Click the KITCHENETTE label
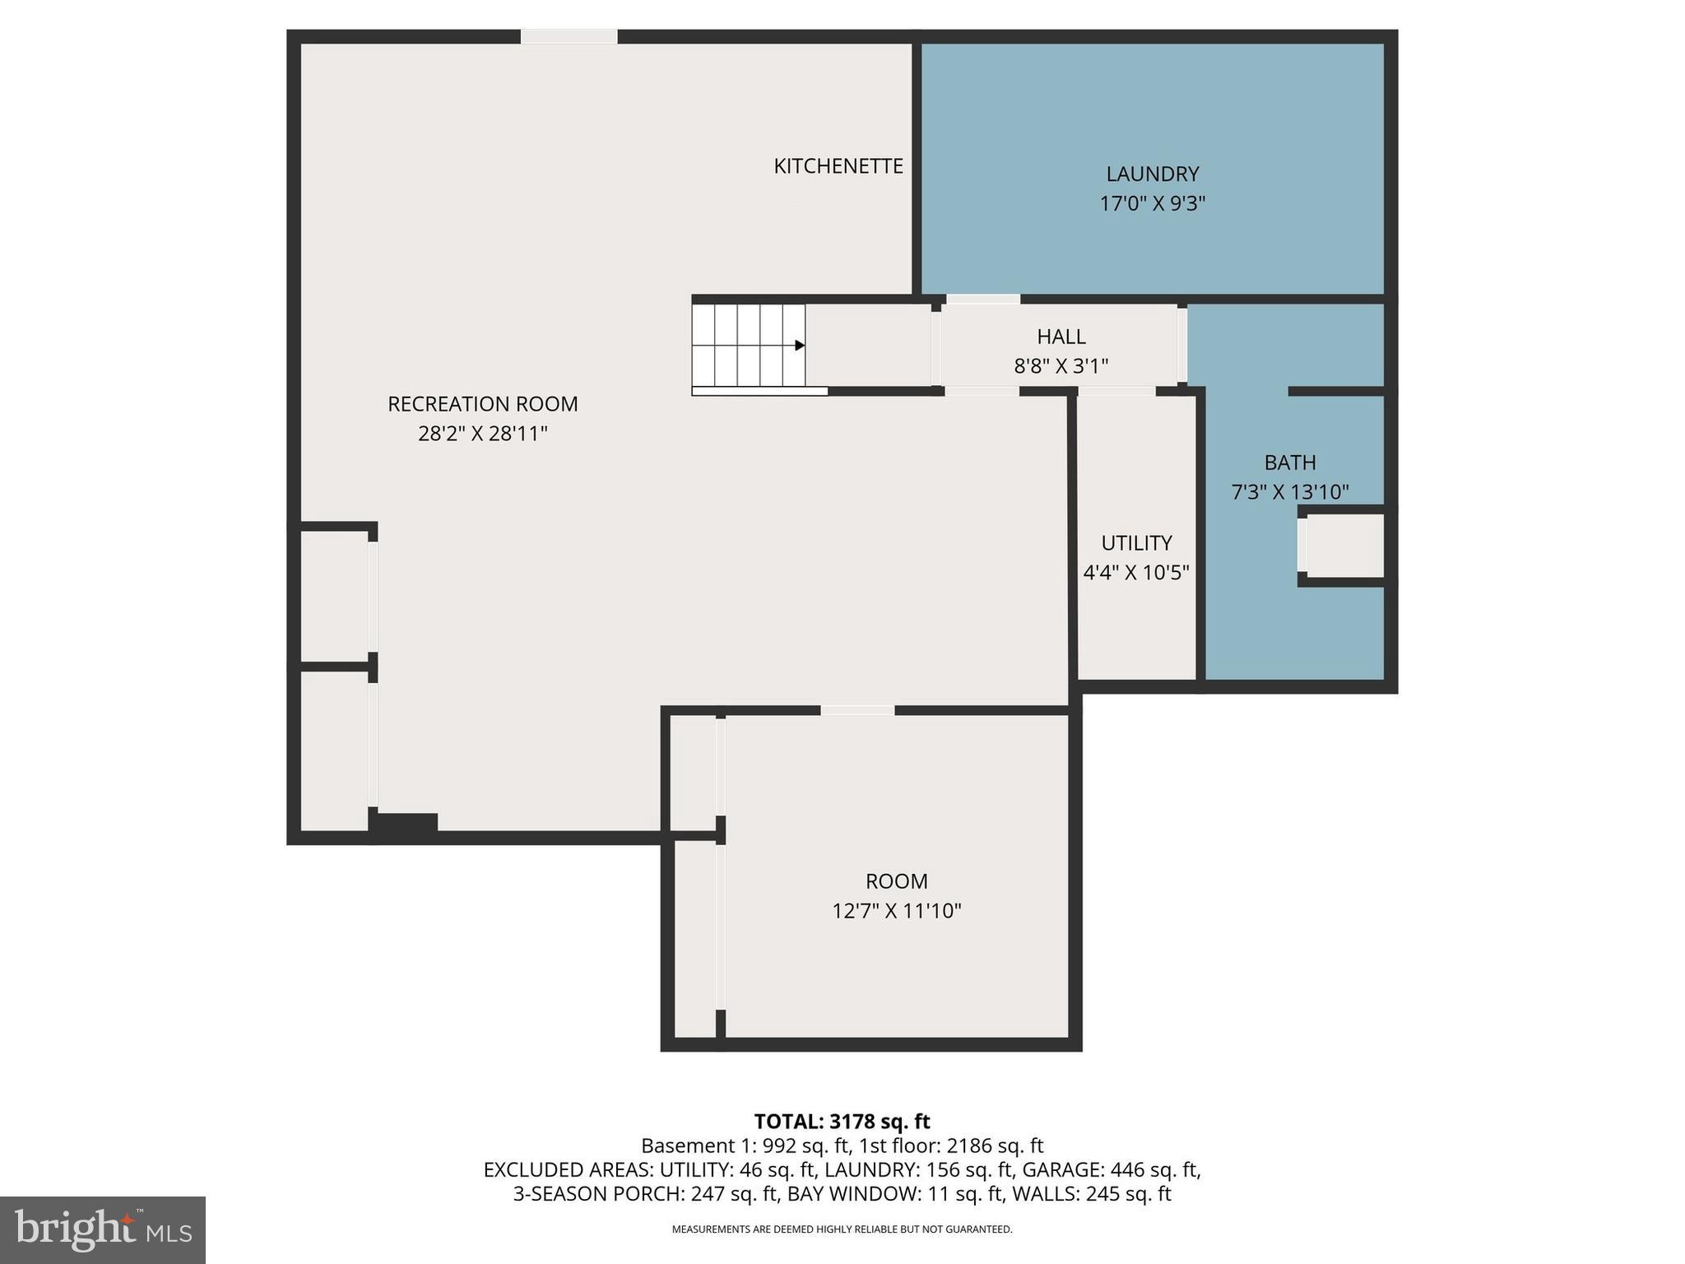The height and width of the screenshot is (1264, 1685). click(x=838, y=166)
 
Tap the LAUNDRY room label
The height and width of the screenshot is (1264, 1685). click(x=1152, y=174)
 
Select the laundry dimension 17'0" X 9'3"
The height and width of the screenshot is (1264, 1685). click(x=1152, y=203)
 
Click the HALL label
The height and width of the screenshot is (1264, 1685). click(x=1061, y=336)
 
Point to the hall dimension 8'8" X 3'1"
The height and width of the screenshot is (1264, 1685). click(x=1061, y=365)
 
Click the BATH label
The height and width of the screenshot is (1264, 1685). click(x=1289, y=462)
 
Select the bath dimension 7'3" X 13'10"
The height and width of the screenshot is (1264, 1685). click(x=1289, y=492)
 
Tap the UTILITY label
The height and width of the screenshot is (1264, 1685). click(x=1136, y=543)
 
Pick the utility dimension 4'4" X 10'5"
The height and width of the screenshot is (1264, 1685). click(x=1136, y=573)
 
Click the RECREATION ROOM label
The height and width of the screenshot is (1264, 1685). click(x=482, y=404)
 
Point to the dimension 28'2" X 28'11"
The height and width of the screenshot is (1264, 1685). click(x=482, y=434)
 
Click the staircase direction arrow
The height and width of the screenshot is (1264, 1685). click(x=799, y=346)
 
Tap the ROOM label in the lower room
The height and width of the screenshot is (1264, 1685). click(x=896, y=881)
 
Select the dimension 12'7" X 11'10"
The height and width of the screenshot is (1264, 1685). click(x=896, y=911)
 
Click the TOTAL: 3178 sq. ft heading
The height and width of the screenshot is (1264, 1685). click(x=842, y=1122)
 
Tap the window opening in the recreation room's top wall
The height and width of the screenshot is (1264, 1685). click(x=569, y=37)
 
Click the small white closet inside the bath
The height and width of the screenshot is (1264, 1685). click(x=1343, y=545)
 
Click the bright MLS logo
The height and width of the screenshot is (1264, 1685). click(x=103, y=1229)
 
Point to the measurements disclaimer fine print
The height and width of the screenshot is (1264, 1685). click(x=842, y=1229)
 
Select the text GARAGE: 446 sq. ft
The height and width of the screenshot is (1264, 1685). click(x=1111, y=1169)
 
